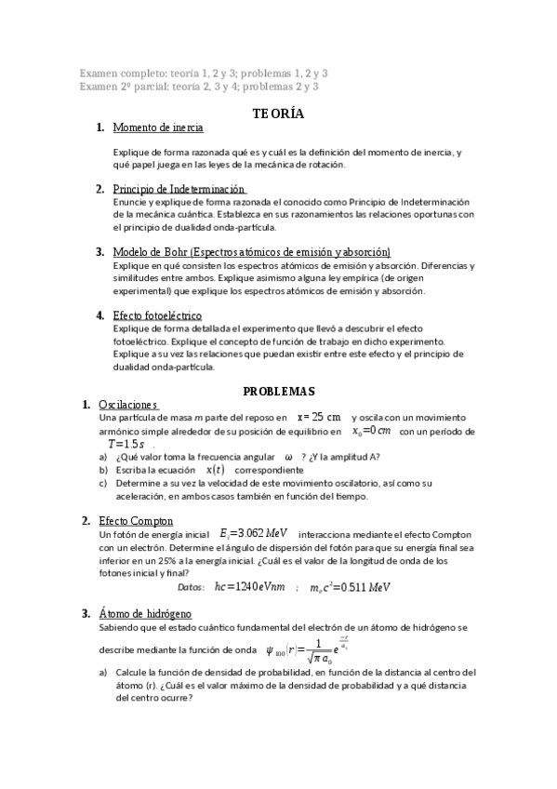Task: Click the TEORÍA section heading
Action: [x=278, y=114]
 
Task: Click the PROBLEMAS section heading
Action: [x=278, y=391]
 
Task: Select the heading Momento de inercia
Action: [x=157, y=127]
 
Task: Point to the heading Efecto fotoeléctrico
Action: [x=156, y=315]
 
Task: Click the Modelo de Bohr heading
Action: [x=251, y=252]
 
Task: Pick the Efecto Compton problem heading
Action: [x=136, y=520]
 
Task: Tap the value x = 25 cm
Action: [x=319, y=417]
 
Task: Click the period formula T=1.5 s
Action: [x=126, y=445]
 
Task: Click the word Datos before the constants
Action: [x=191, y=587]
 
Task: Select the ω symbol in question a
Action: [x=289, y=457]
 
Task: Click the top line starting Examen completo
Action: [x=204, y=73]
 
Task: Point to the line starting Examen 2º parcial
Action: [x=199, y=87]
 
